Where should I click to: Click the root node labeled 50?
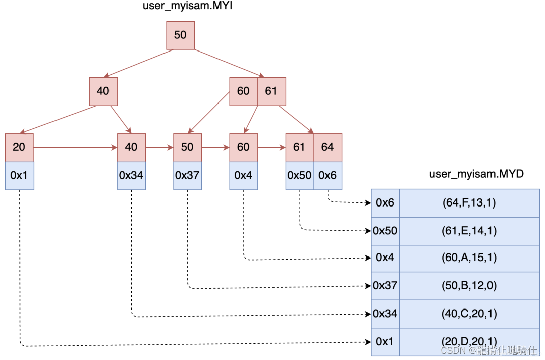[x=180, y=35]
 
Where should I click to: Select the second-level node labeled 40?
[x=103, y=91]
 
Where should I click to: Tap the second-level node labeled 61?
[x=271, y=91]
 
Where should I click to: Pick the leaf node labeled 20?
[x=19, y=147]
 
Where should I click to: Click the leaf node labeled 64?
[x=328, y=147]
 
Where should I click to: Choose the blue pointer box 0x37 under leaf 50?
[x=187, y=175]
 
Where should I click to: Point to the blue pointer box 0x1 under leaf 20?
[x=19, y=175]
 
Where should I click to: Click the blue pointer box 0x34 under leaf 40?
[x=131, y=175]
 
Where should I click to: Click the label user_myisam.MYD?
[x=476, y=174]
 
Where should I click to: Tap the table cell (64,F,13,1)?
[x=469, y=203]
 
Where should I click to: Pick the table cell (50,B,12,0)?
[x=469, y=286]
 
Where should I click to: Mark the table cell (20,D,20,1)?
[x=469, y=342]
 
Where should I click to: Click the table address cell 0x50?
[x=385, y=231]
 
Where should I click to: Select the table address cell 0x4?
[x=385, y=258]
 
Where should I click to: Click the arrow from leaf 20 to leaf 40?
[x=75, y=148]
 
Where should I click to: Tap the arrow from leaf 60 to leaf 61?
[x=271, y=148]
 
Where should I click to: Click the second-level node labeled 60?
[x=243, y=91]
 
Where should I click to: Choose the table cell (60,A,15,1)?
[x=469, y=258]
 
